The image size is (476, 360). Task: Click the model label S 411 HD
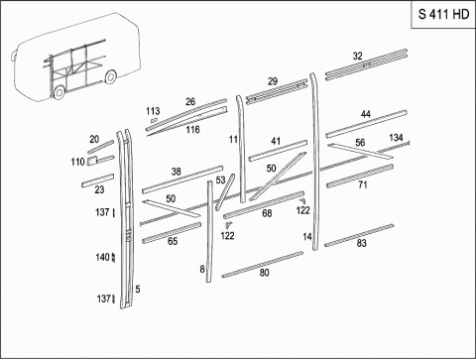pos(443,14)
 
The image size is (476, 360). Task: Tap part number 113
pos(153,111)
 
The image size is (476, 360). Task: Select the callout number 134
pos(396,137)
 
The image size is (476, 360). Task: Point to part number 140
pos(102,257)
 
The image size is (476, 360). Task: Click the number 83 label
pos(362,243)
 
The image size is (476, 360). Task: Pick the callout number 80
pos(264,273)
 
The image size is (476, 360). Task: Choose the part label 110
pos(78,162)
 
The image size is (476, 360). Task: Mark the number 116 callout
pos(192,129)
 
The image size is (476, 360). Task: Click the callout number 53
pos(220,180)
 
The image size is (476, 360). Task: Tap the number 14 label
pos(307,237)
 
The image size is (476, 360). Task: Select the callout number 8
pos(202,269)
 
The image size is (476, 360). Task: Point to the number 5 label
pos(138,289)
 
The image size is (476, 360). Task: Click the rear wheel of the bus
pos(110,77)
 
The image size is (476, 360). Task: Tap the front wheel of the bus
pos(59,92)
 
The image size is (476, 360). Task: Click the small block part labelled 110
pos(92,161)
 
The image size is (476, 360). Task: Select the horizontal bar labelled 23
pos(98,180)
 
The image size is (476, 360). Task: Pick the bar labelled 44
pos(366,124)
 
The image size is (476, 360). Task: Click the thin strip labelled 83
pos(359,235)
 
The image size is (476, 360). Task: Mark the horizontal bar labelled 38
pos(182,180)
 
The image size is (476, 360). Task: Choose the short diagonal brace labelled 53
pos(225,192)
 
